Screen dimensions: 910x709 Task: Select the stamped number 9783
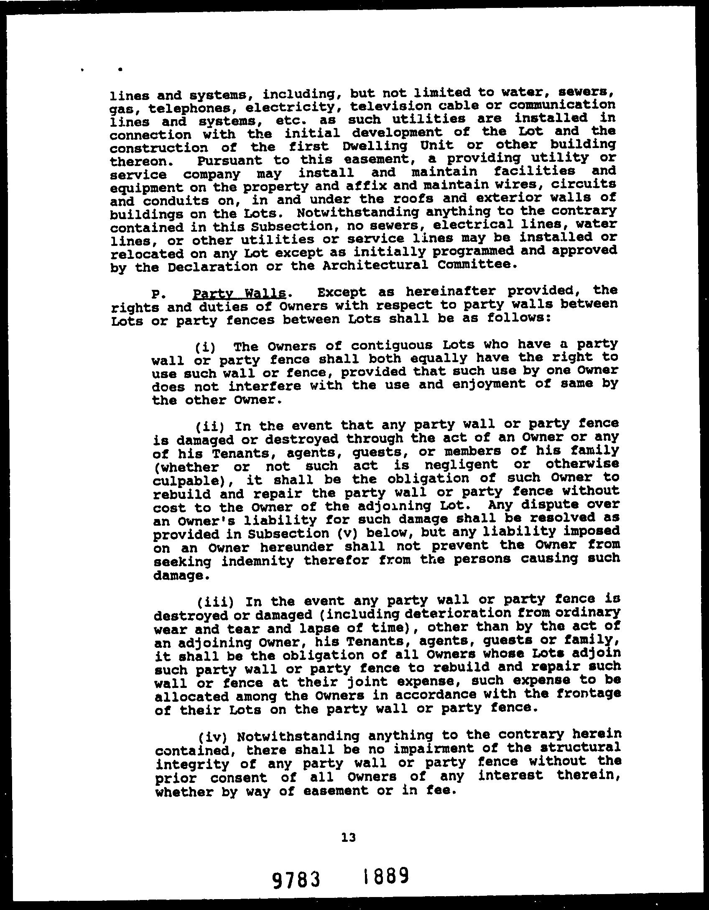[296, 879]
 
